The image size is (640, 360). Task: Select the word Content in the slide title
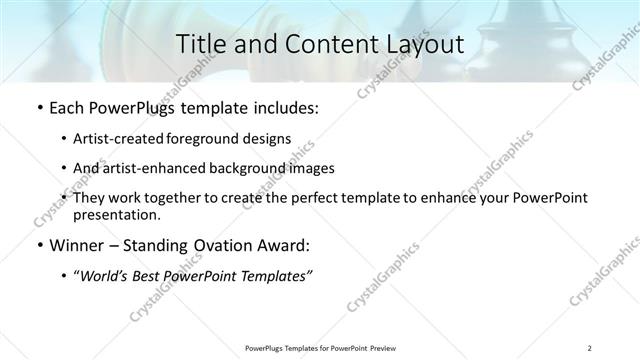[319, 45]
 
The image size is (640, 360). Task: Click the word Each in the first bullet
[67, 105]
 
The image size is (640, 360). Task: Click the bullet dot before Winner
[38, 246]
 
